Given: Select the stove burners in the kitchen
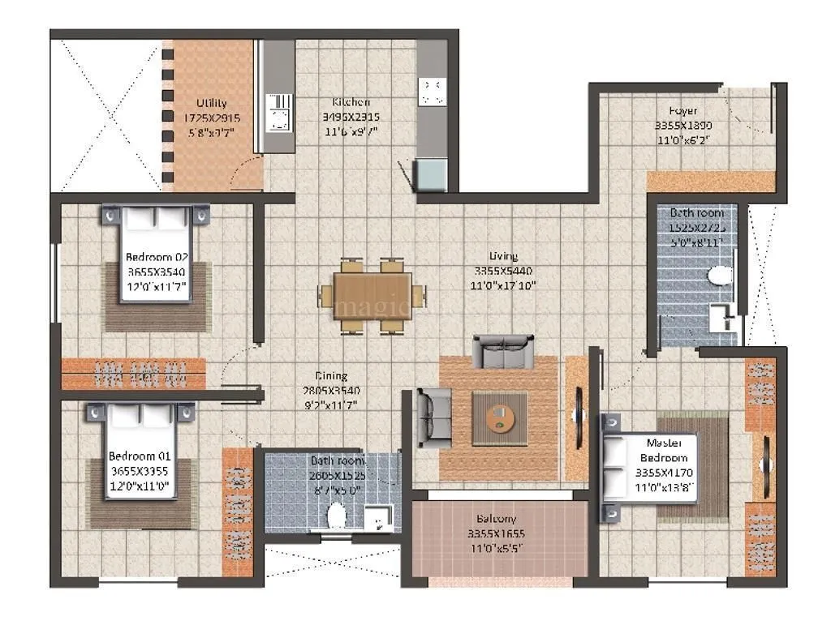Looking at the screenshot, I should [x=431, y=90].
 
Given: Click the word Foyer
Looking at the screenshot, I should [x=682, y=111].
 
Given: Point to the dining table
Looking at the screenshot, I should [x=372, y=296].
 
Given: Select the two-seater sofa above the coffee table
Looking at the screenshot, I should [x=504, y=351].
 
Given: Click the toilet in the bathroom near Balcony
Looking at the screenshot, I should [x=334, y=515].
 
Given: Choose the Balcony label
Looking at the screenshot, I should [x=497, y=519].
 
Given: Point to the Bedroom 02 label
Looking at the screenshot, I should [x=157, y=258].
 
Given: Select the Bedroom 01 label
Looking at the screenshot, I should [x=140, y=456].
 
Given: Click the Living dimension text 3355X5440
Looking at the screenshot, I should [x=504, y=271].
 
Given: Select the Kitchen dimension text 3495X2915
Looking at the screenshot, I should [x=350, y=117].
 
